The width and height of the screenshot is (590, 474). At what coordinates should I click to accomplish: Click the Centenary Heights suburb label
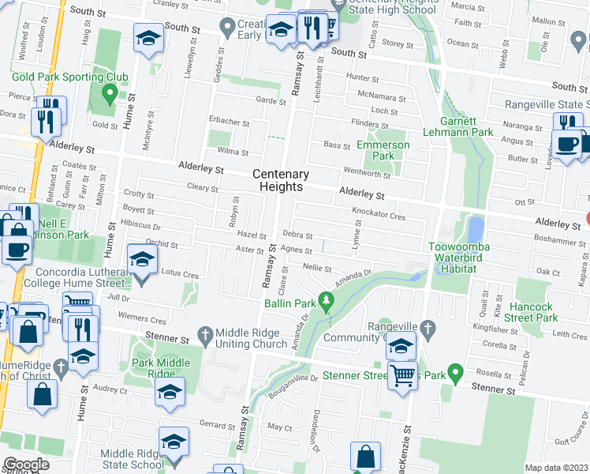pos(281,180)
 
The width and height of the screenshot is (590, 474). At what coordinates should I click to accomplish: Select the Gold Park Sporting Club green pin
pos(110,93)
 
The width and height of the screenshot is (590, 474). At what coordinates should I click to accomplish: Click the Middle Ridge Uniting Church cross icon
pos(205,334)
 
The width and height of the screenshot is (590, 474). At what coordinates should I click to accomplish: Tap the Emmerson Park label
pos(383,150)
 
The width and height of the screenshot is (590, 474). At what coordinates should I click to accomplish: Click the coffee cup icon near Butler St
pos(565,144)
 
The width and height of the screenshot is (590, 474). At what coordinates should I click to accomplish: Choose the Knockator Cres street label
pos(378,216)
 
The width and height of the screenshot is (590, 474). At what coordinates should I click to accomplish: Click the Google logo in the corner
pos(26,465)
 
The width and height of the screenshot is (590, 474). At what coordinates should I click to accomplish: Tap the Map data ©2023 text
pos(555,468)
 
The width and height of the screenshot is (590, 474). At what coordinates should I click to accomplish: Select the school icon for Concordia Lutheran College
pos(142,259)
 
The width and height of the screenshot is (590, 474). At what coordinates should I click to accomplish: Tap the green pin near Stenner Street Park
pos(454,371)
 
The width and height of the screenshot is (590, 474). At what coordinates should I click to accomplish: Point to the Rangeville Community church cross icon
pos(427,327)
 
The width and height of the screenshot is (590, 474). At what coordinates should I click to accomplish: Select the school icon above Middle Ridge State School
pos(174,441)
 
